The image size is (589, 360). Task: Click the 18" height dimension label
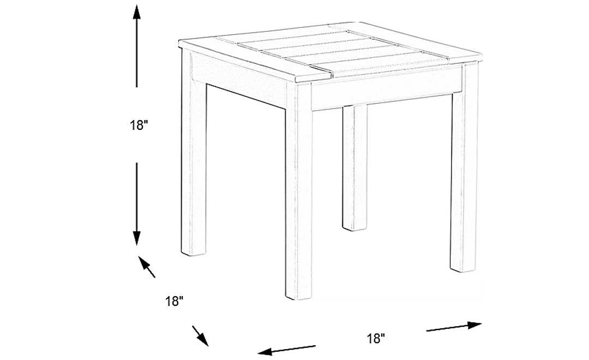(x=139, y=125)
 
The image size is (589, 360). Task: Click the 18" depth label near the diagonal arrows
(x=174, y=301)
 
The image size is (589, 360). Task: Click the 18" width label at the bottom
(x=376, y=339)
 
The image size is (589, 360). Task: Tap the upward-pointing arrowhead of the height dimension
(x=136, y=12)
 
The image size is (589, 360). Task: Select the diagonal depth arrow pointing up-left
(x=147, y=267)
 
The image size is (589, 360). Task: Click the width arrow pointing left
(x=286, y=350)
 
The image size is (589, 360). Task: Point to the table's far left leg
(x=194, y=164)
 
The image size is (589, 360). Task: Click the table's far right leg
(x=464, y=175)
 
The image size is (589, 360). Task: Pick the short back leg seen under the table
(x=354, y=169)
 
